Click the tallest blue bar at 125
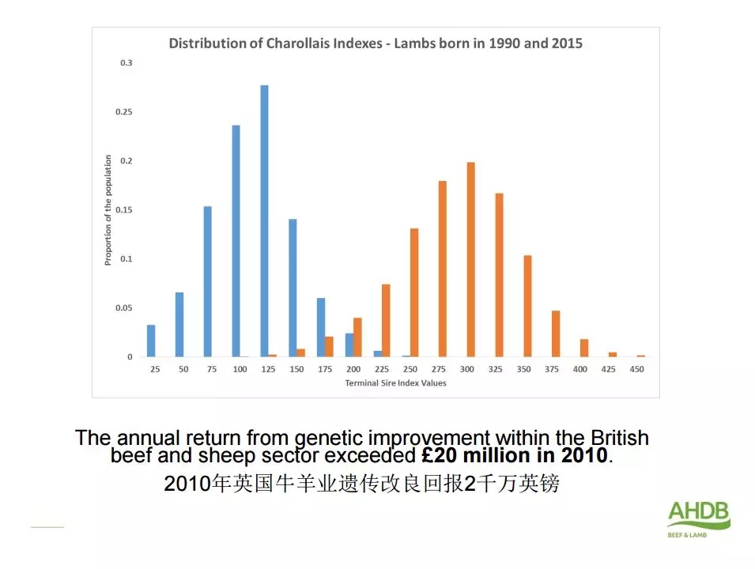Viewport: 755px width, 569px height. pyautogui.click(x=264, y=221)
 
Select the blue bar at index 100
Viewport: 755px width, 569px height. pyautogui.click(x=236, y=241)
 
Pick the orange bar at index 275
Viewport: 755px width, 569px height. pyautogui.click(x=443, y=269)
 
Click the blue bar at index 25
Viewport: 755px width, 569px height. pyautogui.click(x=151, y=341)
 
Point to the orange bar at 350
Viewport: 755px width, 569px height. pyautogui.click(x=527, y=306)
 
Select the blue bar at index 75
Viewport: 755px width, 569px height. pyautogui.click(x=208, y=281)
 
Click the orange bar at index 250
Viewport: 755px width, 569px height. pyautogui.click(x=414, y=292)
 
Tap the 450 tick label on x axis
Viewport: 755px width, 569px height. pyautogui.click(x=636, y=370)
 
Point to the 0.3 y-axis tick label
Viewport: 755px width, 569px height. pyautogui.click(x=126, y=62)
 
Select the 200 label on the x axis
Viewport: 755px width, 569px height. pyautogui.click(x=353, y=370)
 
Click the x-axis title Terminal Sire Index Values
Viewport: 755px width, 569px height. pyautogui.click(x=395, y=383)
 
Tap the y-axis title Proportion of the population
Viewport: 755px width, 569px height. pyautogui.click(x=108, y=209)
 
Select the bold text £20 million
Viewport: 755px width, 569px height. pyautogui.click(x=473, y=456)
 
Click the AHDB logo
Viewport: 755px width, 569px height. pyautogui.click(x=698, y=518)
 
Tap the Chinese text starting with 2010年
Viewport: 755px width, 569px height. pyautogui.click(x=361, y=483)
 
